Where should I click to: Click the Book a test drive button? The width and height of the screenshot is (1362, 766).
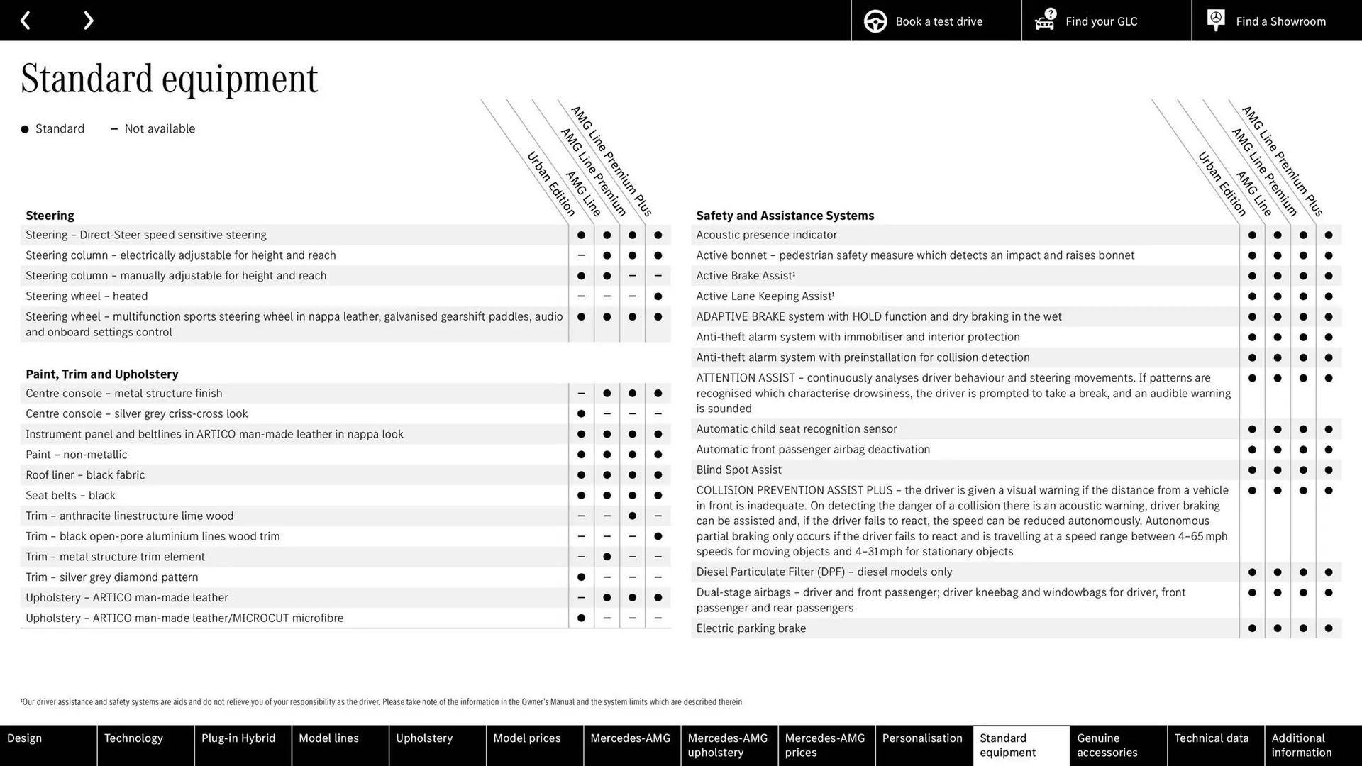[x=936, y=21]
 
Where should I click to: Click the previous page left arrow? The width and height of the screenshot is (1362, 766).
[x=26, y=21]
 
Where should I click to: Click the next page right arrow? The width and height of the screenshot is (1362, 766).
[x=88, y=21]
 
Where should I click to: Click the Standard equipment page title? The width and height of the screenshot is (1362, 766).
[x=169, y=79]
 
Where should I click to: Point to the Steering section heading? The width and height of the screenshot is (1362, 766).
[x=50, y=216]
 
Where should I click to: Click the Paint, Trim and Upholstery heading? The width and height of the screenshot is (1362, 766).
[x=101, y=374]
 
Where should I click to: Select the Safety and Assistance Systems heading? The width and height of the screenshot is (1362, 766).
[x=785, y=216]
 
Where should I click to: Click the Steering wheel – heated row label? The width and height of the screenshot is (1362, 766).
[x=87, y=296]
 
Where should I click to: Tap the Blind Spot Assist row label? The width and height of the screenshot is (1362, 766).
[x=738, y=470]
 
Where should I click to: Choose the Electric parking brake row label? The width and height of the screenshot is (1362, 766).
[x=751, y=628]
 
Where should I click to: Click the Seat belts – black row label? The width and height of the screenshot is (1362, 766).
[x=70, y=495]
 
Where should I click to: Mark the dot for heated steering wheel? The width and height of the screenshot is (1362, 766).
[x=658, y=296]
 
